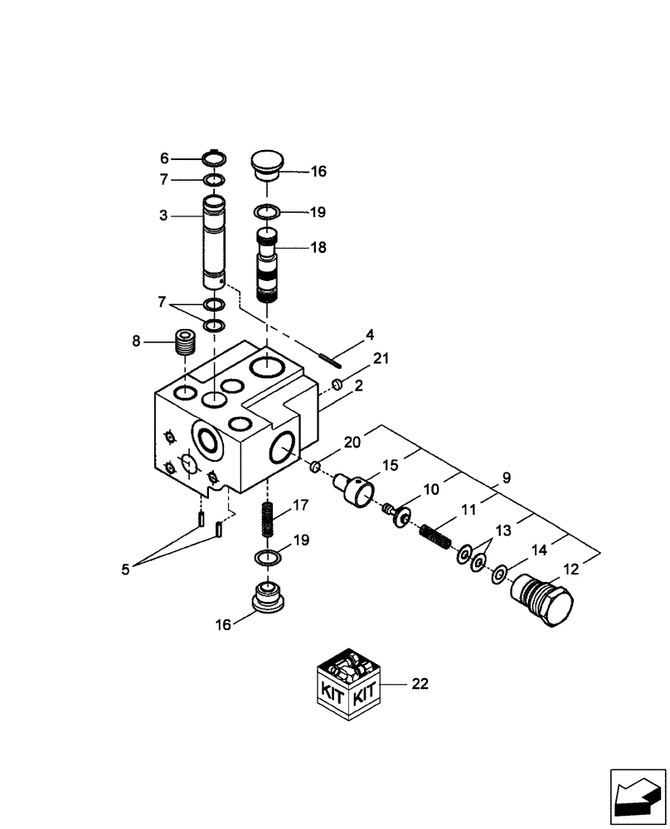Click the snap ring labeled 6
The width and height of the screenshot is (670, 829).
215,158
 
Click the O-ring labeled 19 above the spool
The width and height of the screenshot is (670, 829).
266,212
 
